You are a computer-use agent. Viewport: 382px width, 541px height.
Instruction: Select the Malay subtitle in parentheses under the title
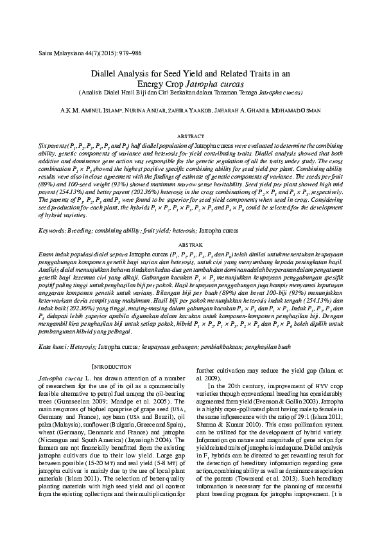(x=191, y=93)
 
